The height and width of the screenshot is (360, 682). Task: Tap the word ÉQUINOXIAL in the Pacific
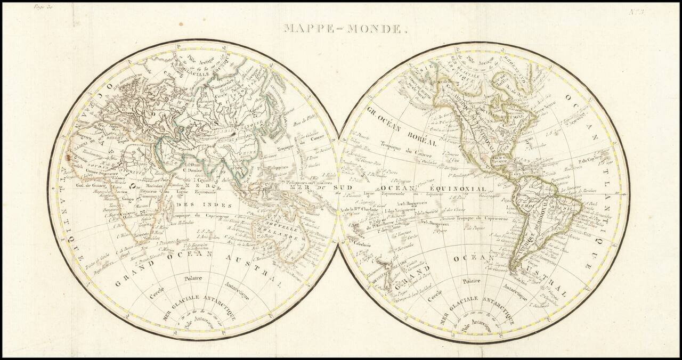pos(460,189)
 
